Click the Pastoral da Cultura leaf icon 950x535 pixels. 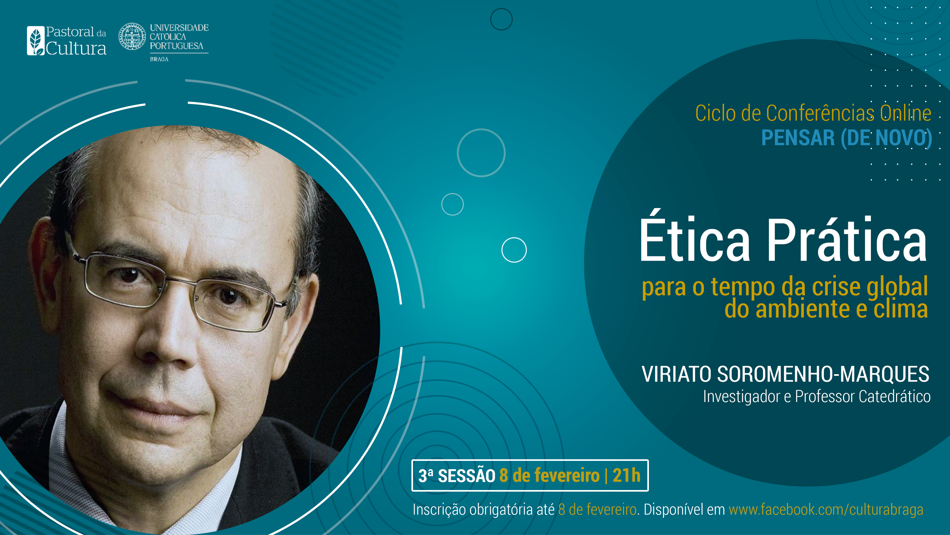tap(36, 41)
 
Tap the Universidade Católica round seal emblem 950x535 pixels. tap(132, 36)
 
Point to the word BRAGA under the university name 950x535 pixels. tap(159, 59)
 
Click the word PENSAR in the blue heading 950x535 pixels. tap(798, 138)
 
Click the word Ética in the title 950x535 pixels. tap(695, 240)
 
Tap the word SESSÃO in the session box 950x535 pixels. tap(466, 476)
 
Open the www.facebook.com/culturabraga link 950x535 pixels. tap(826, 510)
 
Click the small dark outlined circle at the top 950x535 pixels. tap(501, 19)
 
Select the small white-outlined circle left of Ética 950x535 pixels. tap(514, 250)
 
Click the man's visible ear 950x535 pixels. tap(42, 258)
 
